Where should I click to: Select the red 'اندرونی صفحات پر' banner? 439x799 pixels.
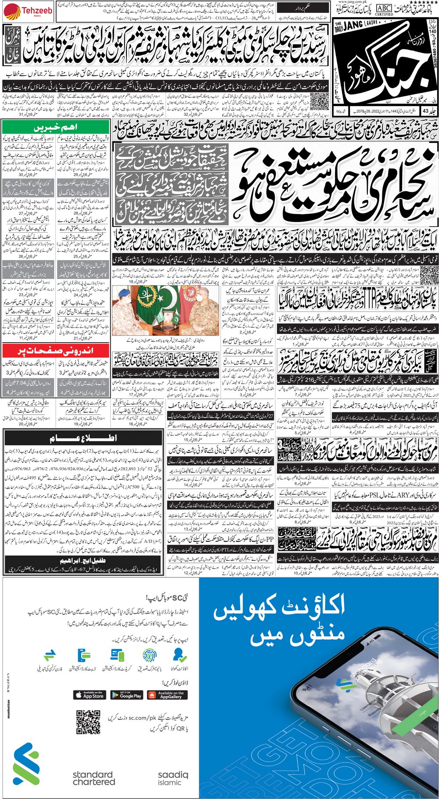pyautogui.click(x=55, y=351)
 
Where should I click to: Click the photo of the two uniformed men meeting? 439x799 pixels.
pyautogui.click(x=166, y=311)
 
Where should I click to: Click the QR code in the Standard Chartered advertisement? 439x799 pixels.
pyautogui.click(x=88, y=722)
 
